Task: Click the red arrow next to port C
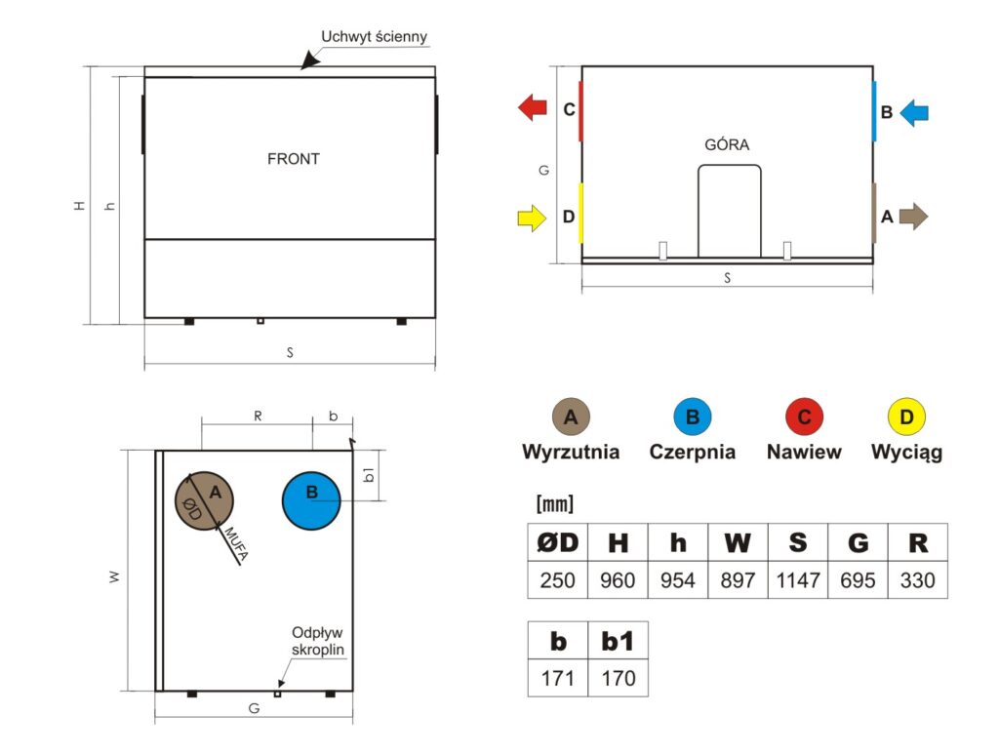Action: (x=533, y=107)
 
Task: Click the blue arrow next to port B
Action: (x=914, y=113)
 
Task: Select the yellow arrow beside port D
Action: (x=532, y=218)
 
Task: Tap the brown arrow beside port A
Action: (x=913, y=217)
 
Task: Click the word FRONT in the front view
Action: (x=293, y=159)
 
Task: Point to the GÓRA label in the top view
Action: (x=727, y=144)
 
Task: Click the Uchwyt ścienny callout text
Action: (x=374, y=37)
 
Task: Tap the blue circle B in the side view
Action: (x=311, y=500)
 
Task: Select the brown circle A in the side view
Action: (x=205, y=500)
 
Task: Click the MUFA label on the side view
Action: (x=236, y=544)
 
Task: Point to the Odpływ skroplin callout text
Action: (x=318, y=641)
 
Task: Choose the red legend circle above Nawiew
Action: (x=804, y=417)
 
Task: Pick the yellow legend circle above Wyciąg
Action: (x=906, y=417)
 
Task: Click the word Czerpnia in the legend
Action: (x=693, y=452)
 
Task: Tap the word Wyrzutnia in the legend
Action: (x=571, y=452)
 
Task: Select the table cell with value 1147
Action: (x=798, y=580)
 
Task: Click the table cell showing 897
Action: (x=738, y=580)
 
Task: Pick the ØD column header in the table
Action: (x=557, y=542)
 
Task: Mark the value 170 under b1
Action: (x=618, y=678)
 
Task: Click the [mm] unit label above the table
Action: (x=555, y=503)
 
